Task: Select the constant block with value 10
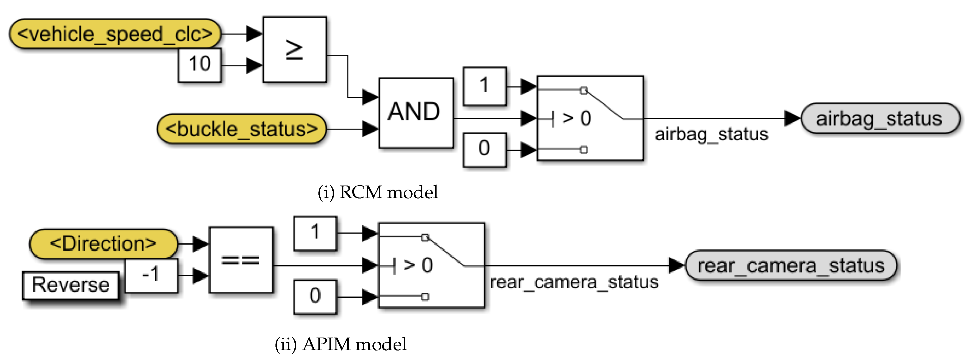coord(200,65)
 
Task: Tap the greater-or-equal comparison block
coord(295,49)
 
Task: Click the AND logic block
coord(416,113)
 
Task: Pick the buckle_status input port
coord(241,129)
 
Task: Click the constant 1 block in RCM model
coord(485,86)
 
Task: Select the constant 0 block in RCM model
coord(485,149)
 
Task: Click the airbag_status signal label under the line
coord(711,134)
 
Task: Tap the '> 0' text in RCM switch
coord(576,119)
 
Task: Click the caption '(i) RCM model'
coord(378,192)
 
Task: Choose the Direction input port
coord(103,244)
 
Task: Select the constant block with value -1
coord(151,275)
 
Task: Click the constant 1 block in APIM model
coord(315,233)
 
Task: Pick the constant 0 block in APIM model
coord(315,296)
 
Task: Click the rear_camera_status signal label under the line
coord(574,282)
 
